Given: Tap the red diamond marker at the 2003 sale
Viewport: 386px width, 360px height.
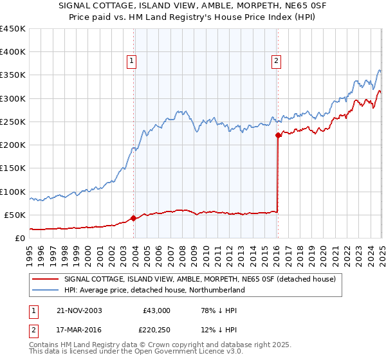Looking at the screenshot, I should point(133,218).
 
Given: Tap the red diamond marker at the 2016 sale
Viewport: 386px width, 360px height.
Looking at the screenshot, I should point(278,136).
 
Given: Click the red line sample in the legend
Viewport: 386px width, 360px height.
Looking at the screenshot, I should point(45,279).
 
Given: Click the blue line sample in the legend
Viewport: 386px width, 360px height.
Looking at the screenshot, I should point(45,291).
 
